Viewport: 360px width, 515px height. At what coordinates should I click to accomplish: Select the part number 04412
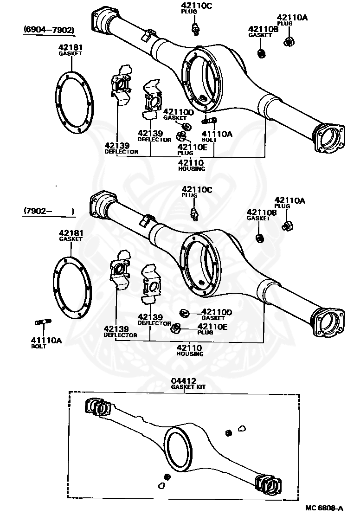click(184, 380)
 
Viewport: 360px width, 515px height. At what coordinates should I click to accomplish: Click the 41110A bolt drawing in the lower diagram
click(43, 322)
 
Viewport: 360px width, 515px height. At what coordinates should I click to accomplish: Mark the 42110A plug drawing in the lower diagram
click(286, 225)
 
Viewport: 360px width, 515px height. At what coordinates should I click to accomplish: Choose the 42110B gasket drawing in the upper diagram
click(261, 53)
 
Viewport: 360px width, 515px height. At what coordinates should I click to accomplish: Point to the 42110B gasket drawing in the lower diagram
click(260, 238)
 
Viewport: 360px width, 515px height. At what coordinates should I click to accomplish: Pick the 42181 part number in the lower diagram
click(71, 233)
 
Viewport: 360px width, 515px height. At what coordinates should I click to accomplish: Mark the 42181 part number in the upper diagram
click(70, 47)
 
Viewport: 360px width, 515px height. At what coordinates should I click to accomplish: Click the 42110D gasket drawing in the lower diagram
click(184, 312)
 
